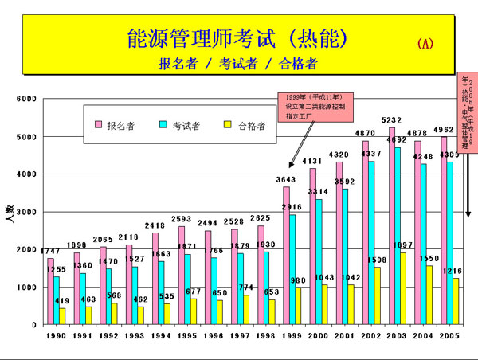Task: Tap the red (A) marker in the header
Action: click(425, 44)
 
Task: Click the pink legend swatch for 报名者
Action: click(100, 126)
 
